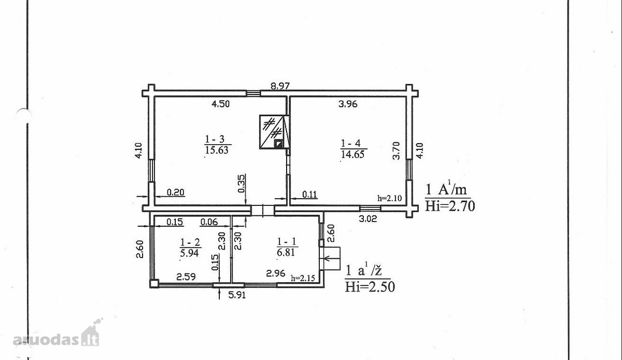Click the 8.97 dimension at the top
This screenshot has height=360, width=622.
(x=280, y=86)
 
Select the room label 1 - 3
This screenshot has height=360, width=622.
(x=215, y=139)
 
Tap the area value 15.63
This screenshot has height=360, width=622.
(x=217, y=150)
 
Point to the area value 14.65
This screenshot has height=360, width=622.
(x=352, y=155)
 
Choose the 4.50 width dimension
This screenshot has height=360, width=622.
(x=220, y=104)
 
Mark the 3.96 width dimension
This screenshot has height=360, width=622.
(x=348, y=104)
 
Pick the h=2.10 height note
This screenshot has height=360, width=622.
(x=390, y=198)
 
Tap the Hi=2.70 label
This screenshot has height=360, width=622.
(x=450, y=206)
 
